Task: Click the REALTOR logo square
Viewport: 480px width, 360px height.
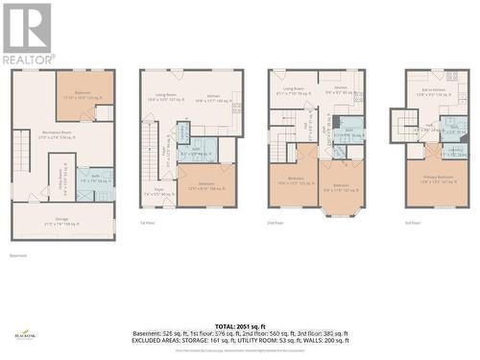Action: coord(27,28)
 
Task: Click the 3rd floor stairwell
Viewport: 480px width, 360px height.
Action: coord(404,124)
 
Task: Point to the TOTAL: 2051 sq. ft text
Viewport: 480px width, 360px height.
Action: coord(240,326)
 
